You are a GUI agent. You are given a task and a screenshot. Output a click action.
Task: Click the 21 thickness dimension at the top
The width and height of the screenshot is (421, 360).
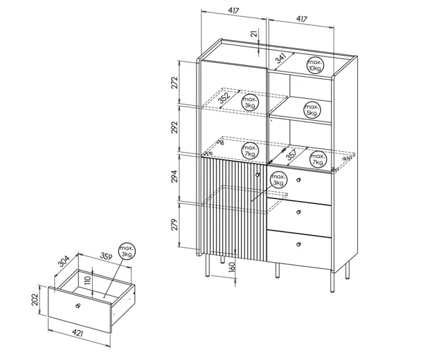(254, 33)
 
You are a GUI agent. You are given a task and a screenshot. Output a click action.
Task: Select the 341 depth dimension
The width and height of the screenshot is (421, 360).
(281, 58)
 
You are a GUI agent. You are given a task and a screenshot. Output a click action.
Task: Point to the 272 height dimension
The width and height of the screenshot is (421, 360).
(175, 83)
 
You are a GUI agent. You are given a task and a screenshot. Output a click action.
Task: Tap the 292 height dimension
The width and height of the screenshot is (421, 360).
(175, 127)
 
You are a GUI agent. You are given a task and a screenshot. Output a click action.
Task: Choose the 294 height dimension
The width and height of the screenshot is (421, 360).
(175, 176)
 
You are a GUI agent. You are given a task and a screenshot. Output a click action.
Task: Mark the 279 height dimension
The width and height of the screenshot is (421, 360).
(175, 225)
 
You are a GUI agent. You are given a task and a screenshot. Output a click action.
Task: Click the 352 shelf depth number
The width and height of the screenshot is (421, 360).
(224, 98)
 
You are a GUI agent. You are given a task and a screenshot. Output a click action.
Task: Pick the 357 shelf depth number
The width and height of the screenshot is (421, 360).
(291, 155)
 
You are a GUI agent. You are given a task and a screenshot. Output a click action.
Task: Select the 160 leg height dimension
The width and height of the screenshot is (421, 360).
(233, 267)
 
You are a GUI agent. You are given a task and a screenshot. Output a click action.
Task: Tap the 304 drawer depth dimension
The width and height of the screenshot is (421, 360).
(64, 261)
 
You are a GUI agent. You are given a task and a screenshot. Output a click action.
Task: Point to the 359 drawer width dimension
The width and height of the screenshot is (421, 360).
(106, 256)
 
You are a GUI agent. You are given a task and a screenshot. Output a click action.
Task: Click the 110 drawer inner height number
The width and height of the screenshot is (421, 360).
(87, 281)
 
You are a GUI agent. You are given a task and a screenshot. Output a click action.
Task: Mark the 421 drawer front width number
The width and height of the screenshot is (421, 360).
(77, 333)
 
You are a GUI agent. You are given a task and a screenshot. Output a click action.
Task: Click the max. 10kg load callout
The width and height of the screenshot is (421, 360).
(315, 65)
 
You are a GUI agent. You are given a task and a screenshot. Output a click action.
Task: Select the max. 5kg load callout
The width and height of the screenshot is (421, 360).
(312, 110)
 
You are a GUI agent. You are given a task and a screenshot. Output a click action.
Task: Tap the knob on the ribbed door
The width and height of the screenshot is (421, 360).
(258, 175)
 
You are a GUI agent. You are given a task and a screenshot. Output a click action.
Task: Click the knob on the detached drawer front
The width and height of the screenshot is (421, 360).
(78, 306)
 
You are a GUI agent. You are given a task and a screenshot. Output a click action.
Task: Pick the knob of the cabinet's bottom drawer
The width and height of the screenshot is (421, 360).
(298, 244)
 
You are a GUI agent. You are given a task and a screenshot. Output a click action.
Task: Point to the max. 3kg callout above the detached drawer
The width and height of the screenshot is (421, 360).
(127, 252)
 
